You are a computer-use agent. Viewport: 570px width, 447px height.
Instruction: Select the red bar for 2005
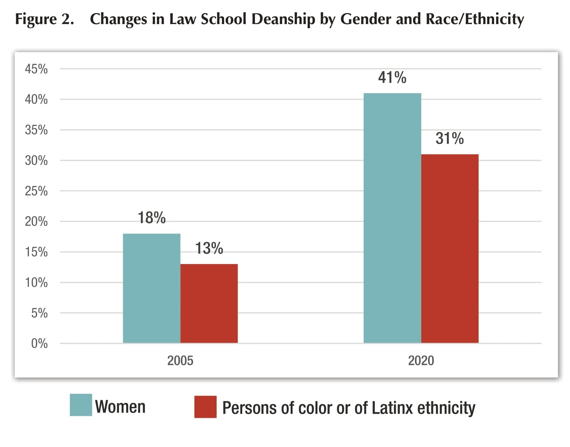point(209,303)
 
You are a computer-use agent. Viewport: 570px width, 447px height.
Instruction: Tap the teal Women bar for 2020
point(392,218)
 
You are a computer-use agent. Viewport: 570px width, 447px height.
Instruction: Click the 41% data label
point(392,78)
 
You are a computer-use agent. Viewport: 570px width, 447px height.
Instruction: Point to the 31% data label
point(449,138)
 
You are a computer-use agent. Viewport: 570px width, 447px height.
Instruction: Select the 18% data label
point(151,218)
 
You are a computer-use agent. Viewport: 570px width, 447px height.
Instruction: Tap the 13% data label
point(209,248)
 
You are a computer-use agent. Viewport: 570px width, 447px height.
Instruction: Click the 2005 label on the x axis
point(180,360)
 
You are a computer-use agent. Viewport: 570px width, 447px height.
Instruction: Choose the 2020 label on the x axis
point(421,360)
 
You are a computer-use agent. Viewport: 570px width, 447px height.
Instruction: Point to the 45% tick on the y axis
point(36,69)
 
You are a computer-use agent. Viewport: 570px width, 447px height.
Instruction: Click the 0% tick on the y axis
point(39,343)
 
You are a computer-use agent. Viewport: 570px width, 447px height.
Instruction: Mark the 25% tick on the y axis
point(36,191)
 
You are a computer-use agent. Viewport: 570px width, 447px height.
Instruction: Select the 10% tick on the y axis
point(36,282)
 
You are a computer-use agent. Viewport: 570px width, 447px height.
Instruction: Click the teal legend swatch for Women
point(81,405)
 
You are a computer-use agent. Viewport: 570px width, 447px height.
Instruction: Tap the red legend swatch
point(205,406)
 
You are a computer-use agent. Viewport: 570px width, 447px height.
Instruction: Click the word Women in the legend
point(120,407)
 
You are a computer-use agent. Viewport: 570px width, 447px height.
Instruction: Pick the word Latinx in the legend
point(393,408)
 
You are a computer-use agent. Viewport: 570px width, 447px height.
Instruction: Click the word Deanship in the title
point(283,19)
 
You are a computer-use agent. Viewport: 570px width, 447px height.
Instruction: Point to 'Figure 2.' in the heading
point(44,19)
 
